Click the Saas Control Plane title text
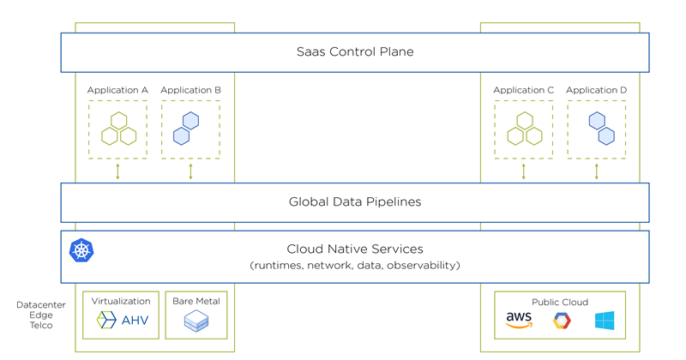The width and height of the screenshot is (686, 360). point(354,52)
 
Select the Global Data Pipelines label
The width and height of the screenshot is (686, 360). point(354,202)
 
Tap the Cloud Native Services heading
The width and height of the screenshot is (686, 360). point(354,249)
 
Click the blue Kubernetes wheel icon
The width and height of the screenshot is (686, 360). point(81,250)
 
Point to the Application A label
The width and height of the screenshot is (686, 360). point(117,90)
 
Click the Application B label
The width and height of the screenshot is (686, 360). point(190,90)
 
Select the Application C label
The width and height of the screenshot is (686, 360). point(523,90)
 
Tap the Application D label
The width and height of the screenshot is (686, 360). point(596,90)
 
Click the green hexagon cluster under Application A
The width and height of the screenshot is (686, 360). point(118,129)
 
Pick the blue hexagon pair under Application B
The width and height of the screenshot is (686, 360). point(188,128)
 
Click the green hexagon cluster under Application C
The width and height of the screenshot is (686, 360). point(524,129)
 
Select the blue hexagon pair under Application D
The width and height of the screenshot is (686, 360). point(601,128)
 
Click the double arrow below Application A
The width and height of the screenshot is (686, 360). point(118,171)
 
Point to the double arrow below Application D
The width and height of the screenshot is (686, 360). point(597,171)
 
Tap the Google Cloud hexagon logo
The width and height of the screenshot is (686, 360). point(562,321)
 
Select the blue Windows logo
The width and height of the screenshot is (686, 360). point(605,321)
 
